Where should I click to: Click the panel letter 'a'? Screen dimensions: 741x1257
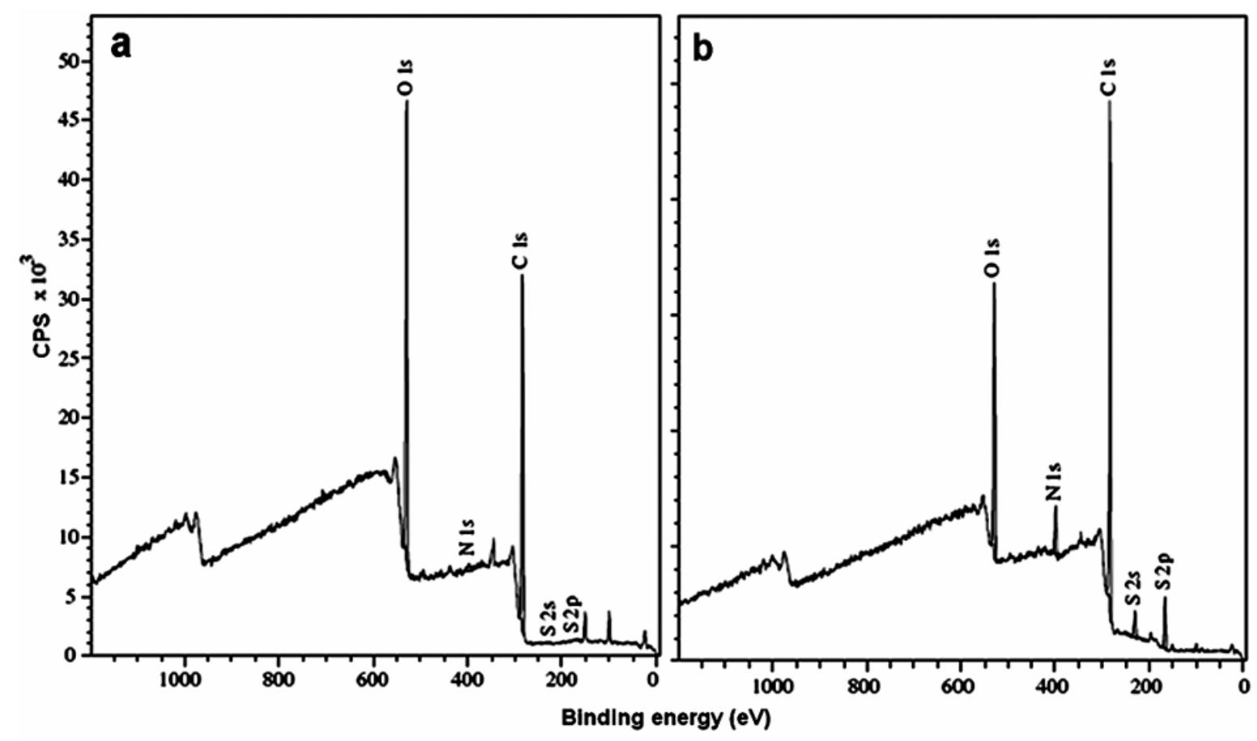tap(121, 45)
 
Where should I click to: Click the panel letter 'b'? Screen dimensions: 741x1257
tap(703, 49)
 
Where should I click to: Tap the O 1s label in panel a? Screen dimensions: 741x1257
tap(406, 77)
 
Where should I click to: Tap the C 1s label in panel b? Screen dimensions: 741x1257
tap(1109, 77)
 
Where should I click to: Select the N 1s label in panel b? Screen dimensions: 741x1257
tap(1053, 481)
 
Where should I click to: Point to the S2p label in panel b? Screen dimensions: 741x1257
tap(1164, 572)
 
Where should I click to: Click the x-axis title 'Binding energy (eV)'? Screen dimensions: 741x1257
tap(665, 717)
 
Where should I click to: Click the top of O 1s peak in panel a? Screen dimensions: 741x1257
tap(407, 103)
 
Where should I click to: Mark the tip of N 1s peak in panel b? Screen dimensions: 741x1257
tap(1055, 507)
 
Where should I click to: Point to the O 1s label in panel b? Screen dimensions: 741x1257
tap(993, 258)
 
